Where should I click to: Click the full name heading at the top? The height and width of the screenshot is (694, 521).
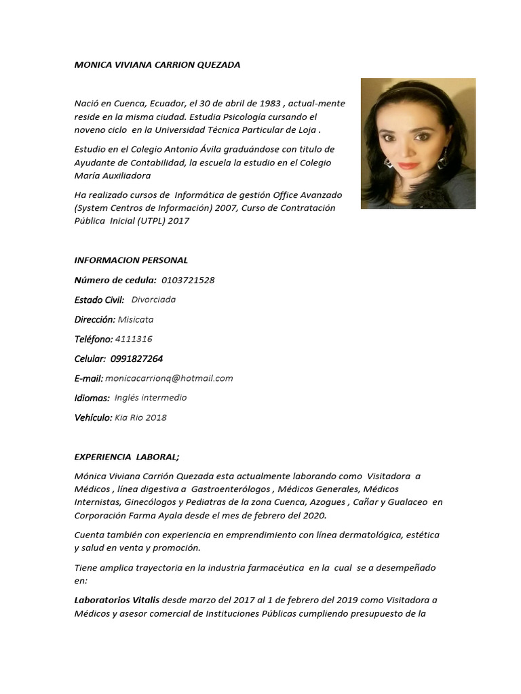point(157,64)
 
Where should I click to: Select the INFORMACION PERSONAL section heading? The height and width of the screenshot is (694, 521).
point(131,260)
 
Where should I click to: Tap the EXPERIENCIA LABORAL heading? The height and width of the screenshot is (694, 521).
point(127,457)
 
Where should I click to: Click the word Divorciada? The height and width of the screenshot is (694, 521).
point(153,300)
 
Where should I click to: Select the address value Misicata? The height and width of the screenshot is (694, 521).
point(136,319)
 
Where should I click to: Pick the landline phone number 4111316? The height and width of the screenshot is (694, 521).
point(134,339)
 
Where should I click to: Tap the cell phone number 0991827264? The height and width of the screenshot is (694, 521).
point(136,359)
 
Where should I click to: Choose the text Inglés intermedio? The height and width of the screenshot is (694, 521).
point(151,398)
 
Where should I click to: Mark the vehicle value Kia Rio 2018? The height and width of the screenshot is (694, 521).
point(140,417)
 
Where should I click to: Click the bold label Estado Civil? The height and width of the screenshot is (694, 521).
point(99,300)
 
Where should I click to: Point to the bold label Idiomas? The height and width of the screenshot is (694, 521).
point(92,398)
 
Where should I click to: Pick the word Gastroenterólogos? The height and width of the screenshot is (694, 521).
point(231,489)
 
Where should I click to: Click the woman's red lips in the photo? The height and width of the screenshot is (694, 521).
point(408,165)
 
